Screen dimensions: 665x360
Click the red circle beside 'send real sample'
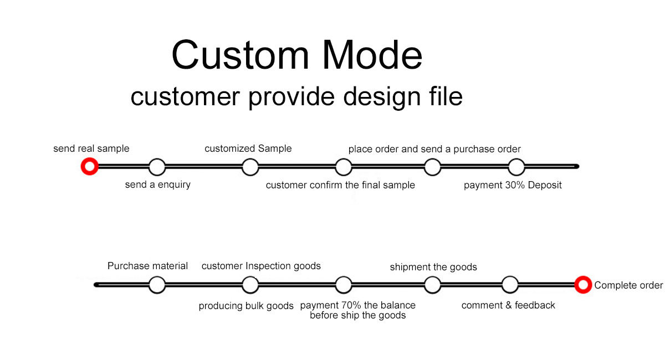coord(90,167)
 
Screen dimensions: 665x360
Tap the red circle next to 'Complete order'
coord(583,285)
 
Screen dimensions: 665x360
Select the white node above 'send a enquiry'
coord(157,167)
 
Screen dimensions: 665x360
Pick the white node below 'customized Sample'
coord(250,167)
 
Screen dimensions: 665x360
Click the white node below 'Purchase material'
coord(157,285)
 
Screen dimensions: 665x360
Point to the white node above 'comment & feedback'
coord(510,285)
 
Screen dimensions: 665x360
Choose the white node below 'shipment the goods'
coord(433,285)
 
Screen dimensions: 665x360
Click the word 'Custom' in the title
coord(241,55)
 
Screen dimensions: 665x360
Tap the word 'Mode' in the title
coord(372,55)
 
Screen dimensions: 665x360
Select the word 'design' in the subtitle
coord(382,97)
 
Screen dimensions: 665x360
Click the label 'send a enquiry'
coord(157,184)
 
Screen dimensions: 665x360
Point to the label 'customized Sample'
coord(248,148)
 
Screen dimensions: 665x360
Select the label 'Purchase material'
coord(147,266)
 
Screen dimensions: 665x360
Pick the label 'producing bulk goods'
coord(246,306)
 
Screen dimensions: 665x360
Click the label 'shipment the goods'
coord(433,267)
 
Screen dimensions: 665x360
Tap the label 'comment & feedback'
coord(508,305)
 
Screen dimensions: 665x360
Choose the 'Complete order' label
coord(628,285)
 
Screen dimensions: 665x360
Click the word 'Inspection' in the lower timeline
coord(268,266)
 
